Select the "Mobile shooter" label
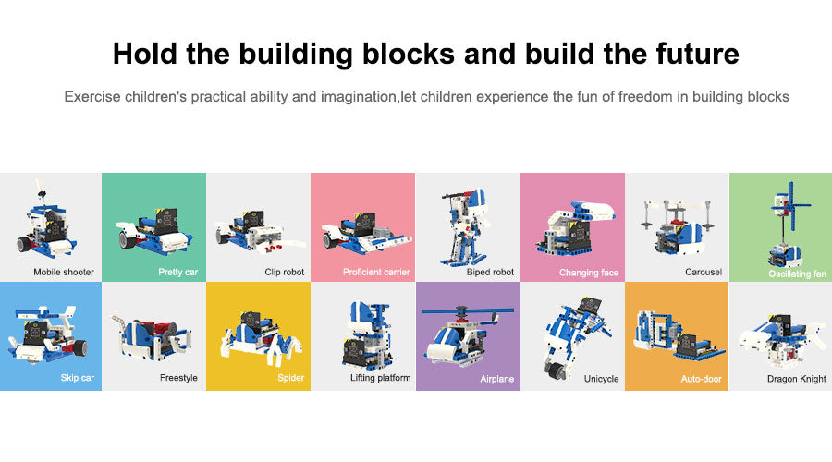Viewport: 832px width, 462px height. coord(64,272)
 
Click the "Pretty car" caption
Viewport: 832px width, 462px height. coord(177,272)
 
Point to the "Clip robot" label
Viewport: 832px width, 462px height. coord(285,272)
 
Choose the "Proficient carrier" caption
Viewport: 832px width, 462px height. coord(376,272)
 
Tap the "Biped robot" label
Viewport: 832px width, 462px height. coord(490,272)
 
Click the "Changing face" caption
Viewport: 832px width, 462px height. coord(589,273)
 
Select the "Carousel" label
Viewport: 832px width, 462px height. coord(704,272)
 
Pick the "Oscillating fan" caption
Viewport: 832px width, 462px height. coord(798,274)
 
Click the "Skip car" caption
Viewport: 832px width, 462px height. coord(78,378)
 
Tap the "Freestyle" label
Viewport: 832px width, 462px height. coord(178,378)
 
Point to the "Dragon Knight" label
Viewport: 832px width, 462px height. coord(797,379)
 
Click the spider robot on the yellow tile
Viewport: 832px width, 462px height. coord(260,338)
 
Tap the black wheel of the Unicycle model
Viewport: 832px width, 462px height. coord(555,371)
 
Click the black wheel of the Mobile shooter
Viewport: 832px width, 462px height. coord(25,244)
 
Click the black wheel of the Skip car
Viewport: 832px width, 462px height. coord(80,348)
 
